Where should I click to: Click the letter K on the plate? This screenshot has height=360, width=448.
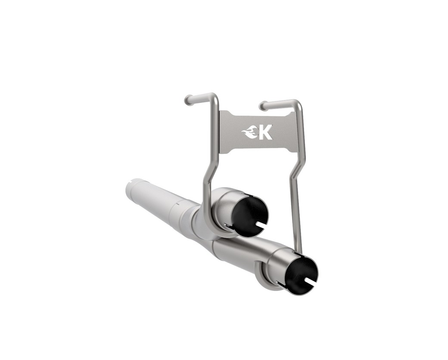point(265,132)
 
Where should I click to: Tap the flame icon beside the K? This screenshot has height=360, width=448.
point(250,134)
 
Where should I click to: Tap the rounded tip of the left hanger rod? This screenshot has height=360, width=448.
point(188,100)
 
